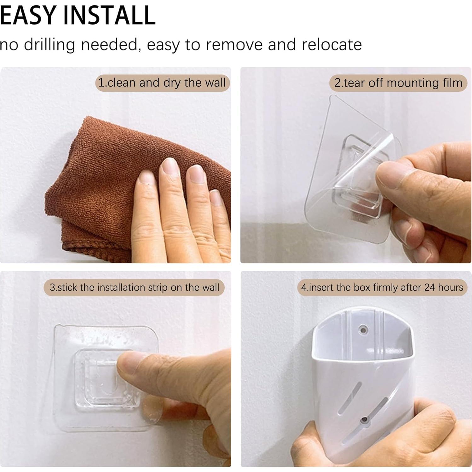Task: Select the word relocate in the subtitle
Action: tap(331, 44)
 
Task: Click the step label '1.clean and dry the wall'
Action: tap(162, 83)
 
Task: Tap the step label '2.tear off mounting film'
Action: tap(398, 83)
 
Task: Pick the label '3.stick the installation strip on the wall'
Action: tap(134, 287)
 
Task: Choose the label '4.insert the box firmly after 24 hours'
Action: tap(382, 287)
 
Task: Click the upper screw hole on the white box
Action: tap(363, 330)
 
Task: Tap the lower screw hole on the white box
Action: tap(365, 420)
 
